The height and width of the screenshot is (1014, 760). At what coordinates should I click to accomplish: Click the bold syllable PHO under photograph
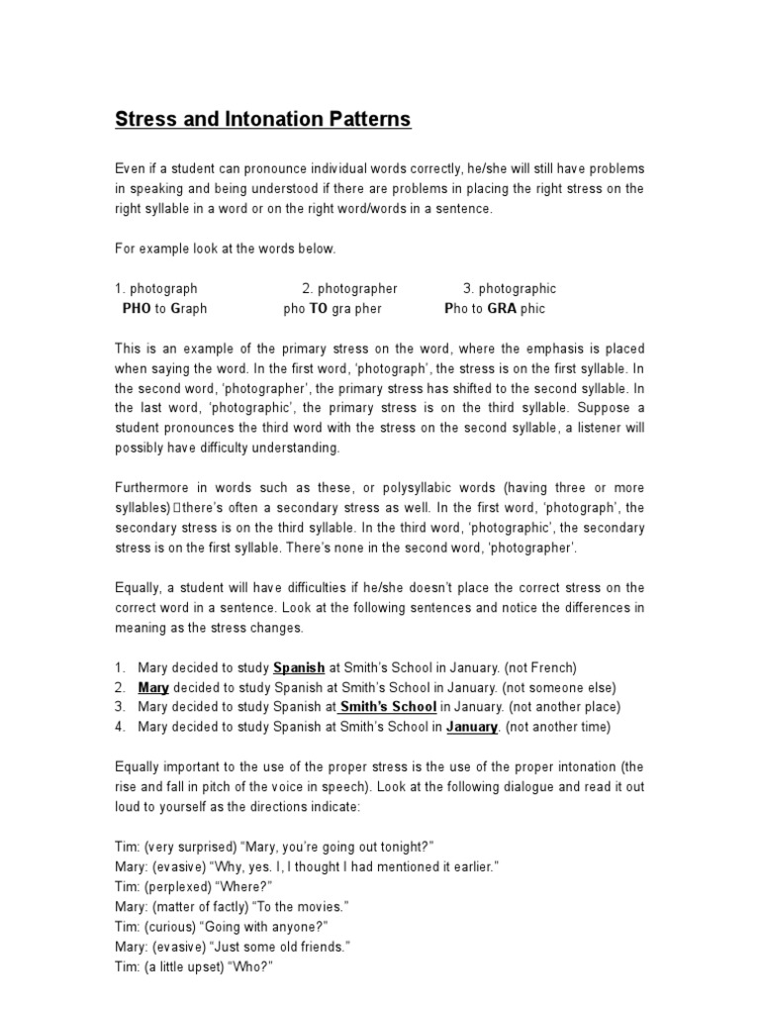(136, 309)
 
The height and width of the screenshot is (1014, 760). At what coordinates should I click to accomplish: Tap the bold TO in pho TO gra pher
(319, 309)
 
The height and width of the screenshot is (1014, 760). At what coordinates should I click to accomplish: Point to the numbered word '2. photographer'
(349, 288)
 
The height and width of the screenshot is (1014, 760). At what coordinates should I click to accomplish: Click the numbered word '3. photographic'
(510, 288)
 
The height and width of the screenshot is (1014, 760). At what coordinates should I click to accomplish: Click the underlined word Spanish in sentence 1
(299, 667)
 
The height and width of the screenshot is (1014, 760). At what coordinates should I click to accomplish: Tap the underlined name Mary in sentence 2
(153, 687)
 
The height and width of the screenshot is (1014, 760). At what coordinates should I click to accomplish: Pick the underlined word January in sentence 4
(471, 727)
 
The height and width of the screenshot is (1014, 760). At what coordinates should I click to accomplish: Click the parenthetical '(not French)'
(540, 667)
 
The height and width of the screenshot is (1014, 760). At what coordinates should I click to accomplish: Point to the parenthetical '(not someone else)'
(559, 687)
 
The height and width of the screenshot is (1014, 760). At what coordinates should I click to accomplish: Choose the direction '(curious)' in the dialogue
(173, 927)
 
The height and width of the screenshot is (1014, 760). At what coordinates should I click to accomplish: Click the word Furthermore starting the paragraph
(153, 488)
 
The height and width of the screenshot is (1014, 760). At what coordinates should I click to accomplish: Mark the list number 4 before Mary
(120, 727)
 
